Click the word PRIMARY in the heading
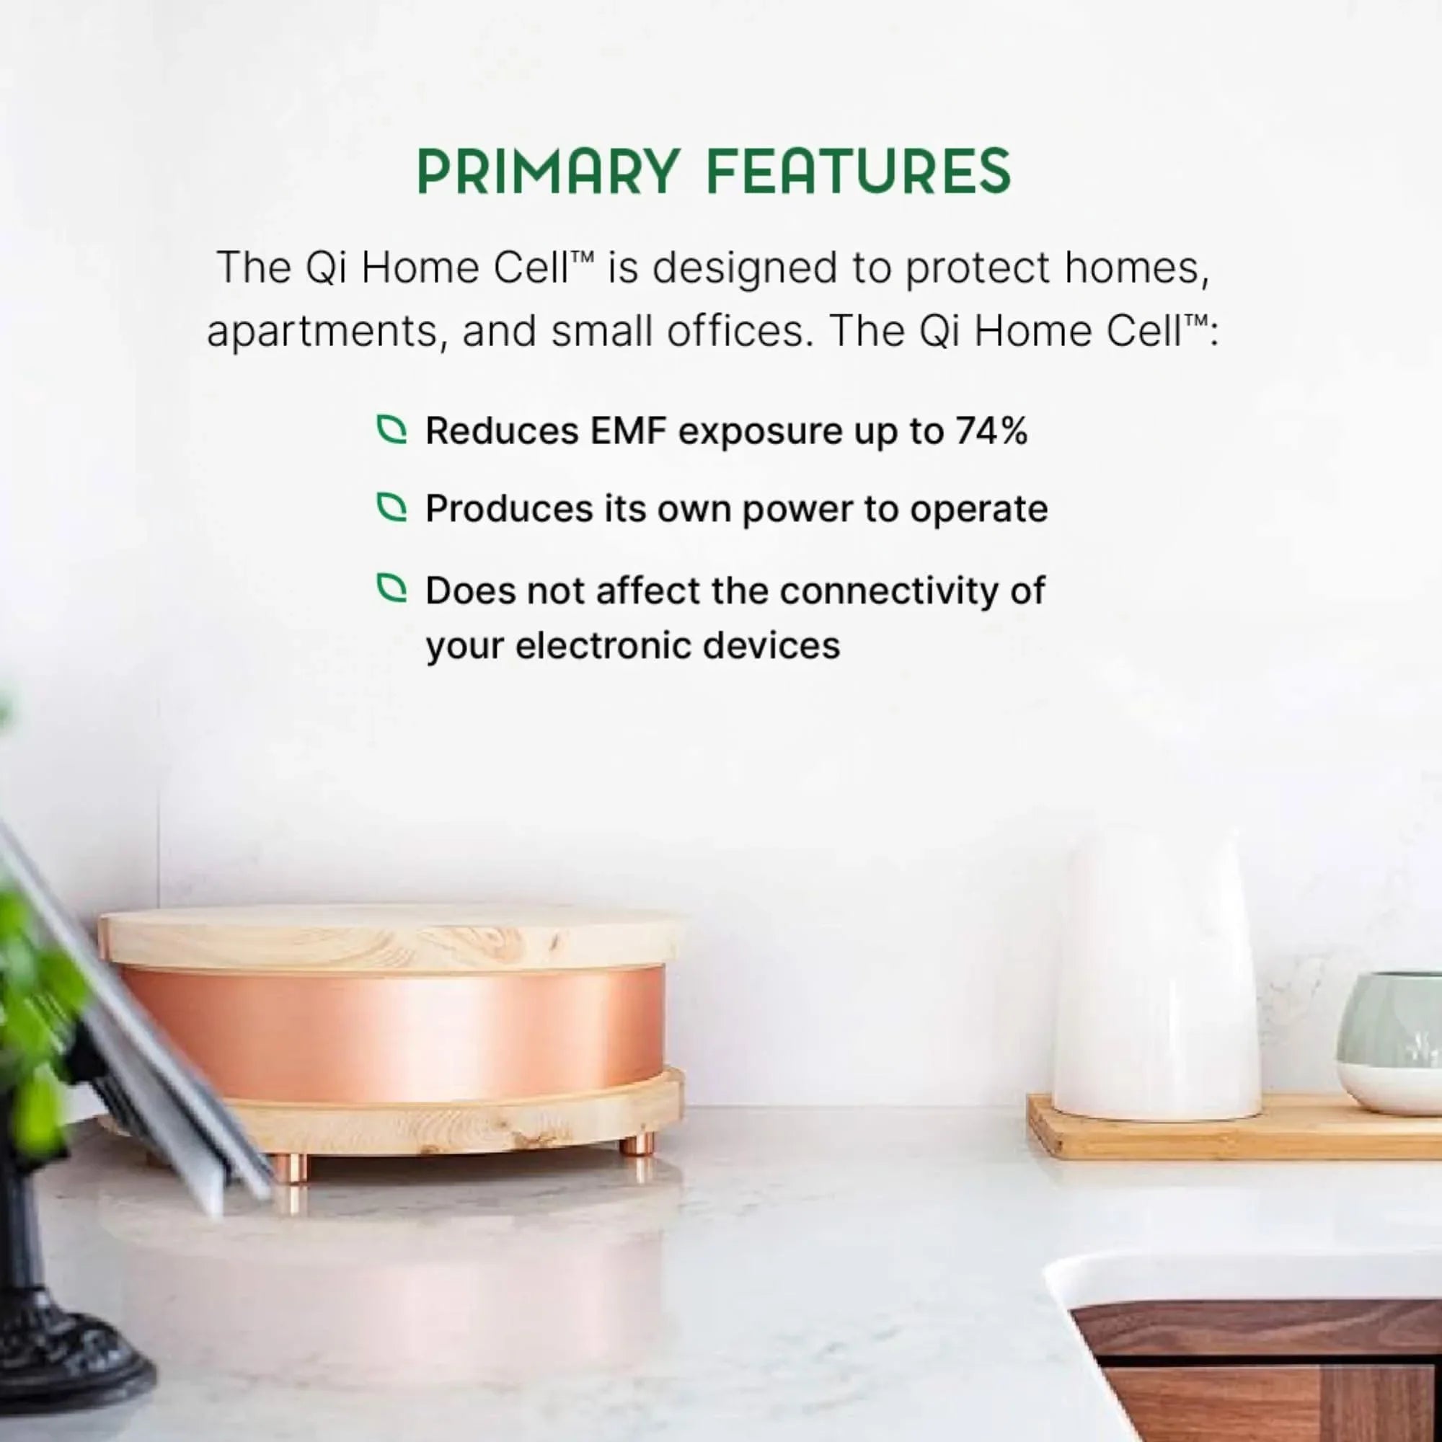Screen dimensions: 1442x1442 [548, 171]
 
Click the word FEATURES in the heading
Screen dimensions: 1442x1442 [858, 171]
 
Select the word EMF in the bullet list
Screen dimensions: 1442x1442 [627, 430]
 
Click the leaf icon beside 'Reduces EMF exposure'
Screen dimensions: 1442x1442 [392, 429]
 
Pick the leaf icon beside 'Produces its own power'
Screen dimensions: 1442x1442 [392, 508]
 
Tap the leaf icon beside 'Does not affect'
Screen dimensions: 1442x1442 [392, 588]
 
